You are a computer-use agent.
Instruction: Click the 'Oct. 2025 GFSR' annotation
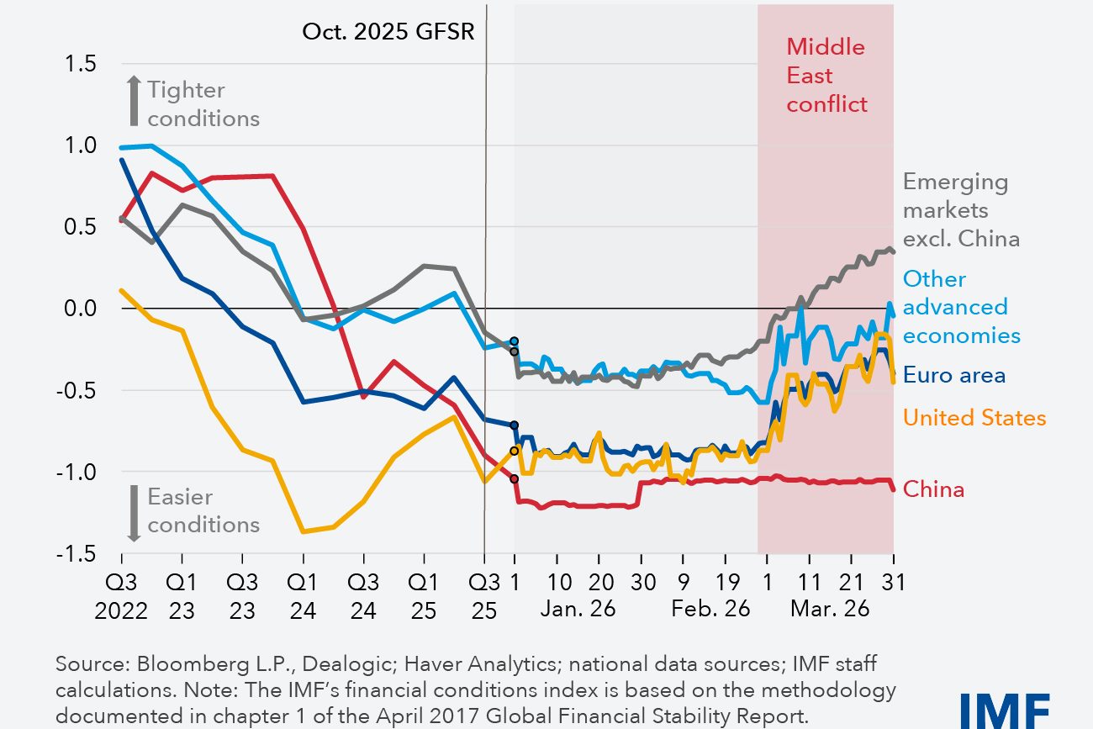point(388,32)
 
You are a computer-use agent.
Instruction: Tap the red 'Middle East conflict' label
point(826,76)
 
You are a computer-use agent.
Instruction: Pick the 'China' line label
point(933,489)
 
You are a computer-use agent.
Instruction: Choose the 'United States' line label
point(974,418)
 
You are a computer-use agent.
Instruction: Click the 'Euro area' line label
point(954,375)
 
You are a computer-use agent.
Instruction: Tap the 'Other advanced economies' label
point(961,307)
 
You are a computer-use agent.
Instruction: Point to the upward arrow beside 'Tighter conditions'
point(132,99)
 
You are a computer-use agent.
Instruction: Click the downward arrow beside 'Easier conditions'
point(132,512)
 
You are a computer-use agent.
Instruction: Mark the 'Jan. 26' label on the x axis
point(579,608)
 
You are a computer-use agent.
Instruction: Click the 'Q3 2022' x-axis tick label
point(122,596)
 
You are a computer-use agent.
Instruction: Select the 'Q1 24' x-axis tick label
point(303,596)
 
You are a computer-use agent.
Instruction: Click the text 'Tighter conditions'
point(203,104)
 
